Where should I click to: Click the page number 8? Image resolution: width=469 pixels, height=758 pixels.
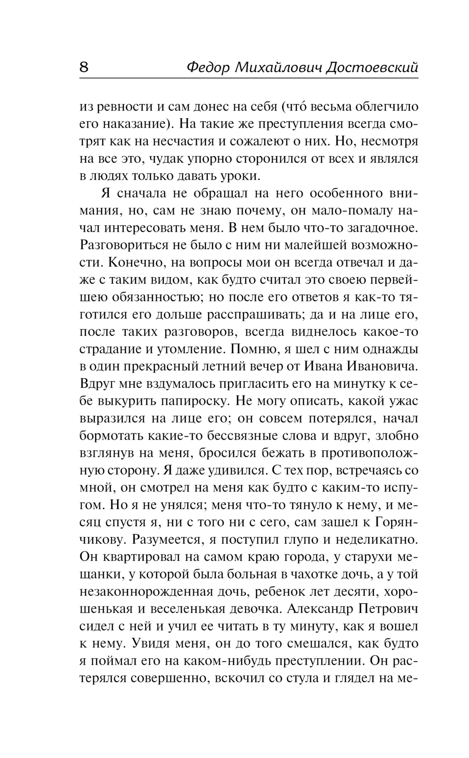point(84,67)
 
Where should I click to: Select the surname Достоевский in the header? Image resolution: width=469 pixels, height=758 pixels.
point(372,68)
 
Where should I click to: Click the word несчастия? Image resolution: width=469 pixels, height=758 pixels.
point(189,142)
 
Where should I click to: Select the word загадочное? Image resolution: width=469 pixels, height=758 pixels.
point(379,228)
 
